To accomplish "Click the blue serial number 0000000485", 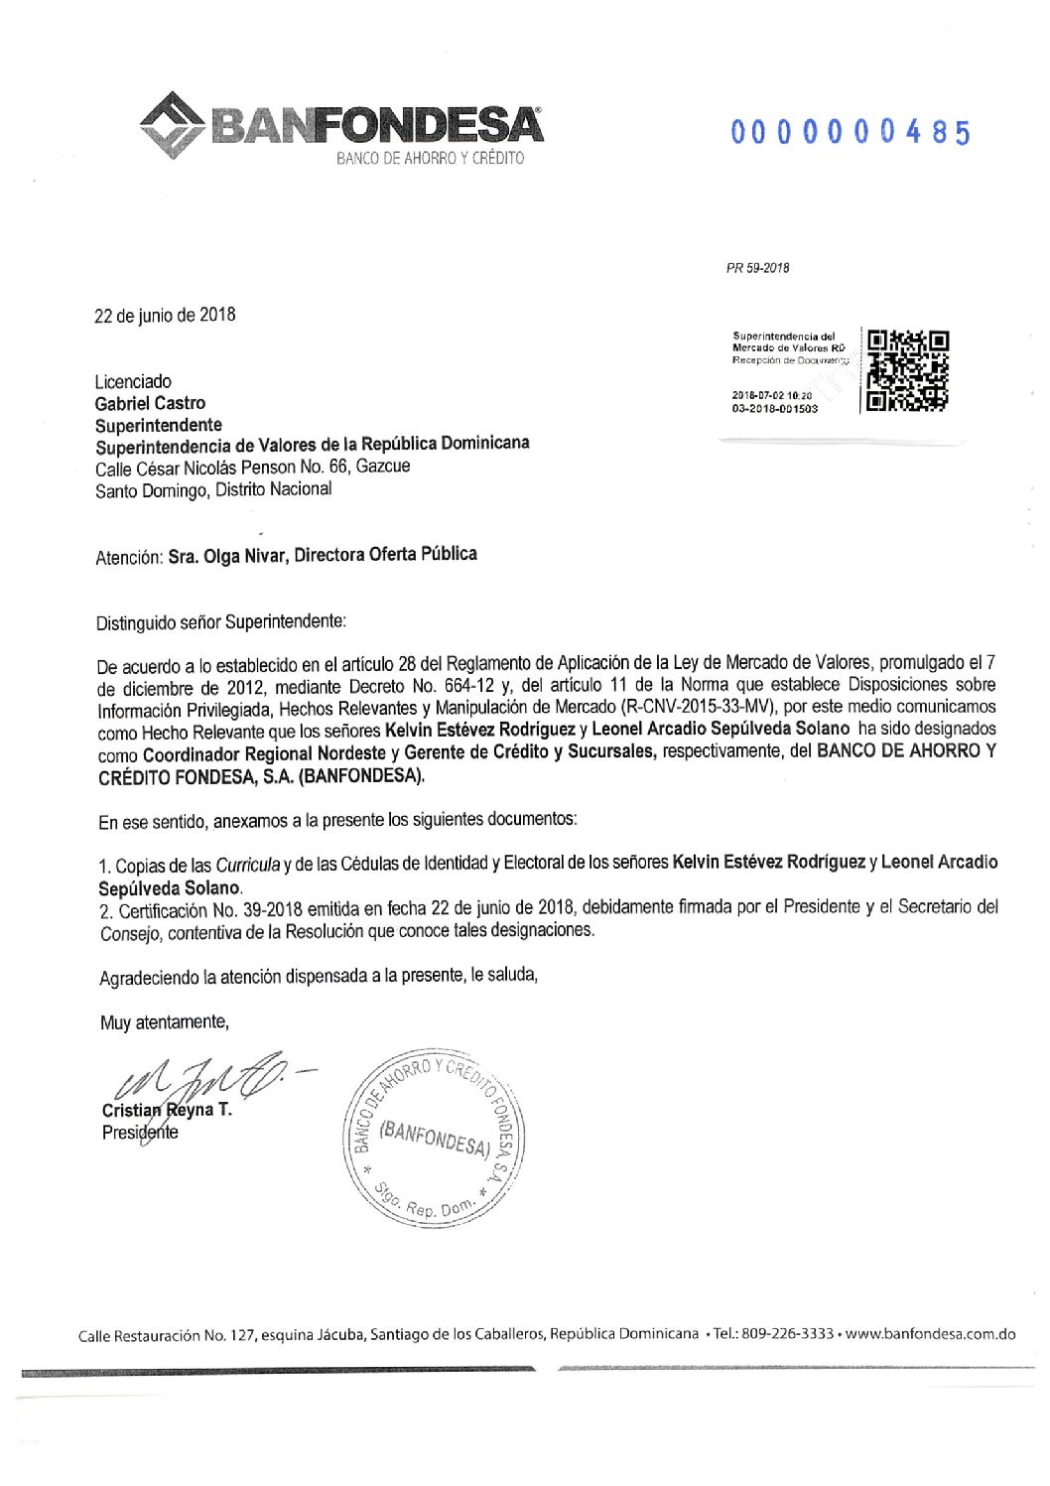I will click(x=851, y=132).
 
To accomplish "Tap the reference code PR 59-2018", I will click(x=758, y=268).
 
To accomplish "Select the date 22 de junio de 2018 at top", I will click(x=165, y=315).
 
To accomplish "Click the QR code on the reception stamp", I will click(x=908, y=370).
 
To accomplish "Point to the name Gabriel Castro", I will click(x=150, y=403).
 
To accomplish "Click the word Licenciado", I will click(x=133, y=381).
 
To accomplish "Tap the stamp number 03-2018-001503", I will click(x=775, y=408).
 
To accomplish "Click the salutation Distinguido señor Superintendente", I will click(x=220, y=622).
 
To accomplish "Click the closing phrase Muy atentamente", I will click(x=164, y=1021).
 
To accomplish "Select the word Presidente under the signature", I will click(x=140, y=1132).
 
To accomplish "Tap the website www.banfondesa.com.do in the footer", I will click(x=930, y=1333).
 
